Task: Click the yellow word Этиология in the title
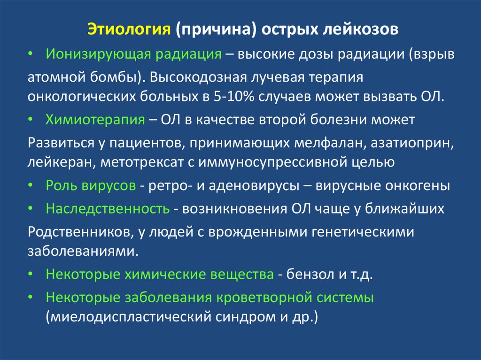coord(129,29)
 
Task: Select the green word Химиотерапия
coord(95,120)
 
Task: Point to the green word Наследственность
coord(108,208)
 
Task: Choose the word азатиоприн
coord(412,143)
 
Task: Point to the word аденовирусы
coord(254,186)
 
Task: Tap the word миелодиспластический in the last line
coord(130,317)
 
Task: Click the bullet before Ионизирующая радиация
coord(30,54)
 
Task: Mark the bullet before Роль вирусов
coord(30,185)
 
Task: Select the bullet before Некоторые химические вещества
coord(30,274)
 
